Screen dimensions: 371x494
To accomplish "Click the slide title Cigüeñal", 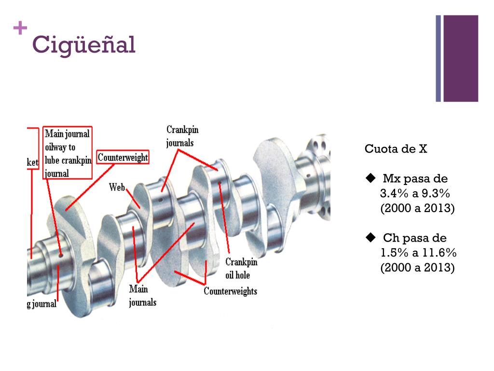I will [83, 45].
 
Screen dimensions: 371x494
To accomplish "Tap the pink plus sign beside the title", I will [20, 29].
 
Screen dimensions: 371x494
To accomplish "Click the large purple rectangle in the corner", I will [460, 58].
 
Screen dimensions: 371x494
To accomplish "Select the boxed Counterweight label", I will [123, 157].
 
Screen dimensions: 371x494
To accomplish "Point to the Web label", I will [117, 187].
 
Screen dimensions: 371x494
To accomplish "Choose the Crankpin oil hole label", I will [241, 269].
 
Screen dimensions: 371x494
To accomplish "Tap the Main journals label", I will [142, 296].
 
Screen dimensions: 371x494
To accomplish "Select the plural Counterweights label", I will [230, 291].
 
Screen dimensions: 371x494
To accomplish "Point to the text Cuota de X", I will [396, 149].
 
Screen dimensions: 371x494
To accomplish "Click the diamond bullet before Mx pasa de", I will [370, 179].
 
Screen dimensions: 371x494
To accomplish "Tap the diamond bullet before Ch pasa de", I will [370, 237].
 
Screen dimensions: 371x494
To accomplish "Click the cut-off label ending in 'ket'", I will [32, 163].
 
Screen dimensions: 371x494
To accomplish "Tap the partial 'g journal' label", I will [41, 304].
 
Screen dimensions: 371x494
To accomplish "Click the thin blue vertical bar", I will [439, 58].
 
